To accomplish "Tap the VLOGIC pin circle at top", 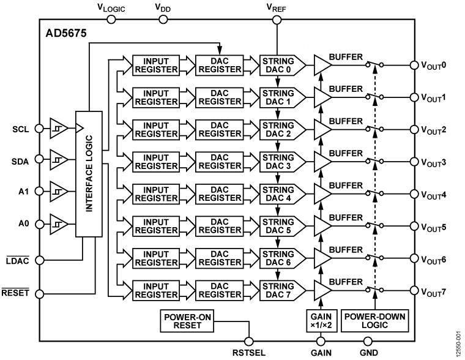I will [111, 20].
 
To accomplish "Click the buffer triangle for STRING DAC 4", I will [322, 194].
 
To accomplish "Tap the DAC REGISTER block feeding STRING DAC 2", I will [218, 130].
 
